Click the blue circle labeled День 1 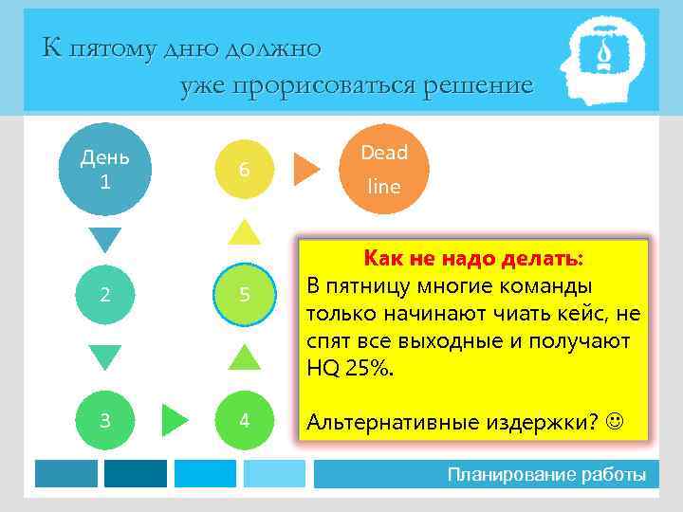click(105, 168)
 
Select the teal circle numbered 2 click(105, 294)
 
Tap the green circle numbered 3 click(105, 419)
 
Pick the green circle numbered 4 click(244, 419)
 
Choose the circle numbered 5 click(244, 294)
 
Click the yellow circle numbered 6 click(244, 169)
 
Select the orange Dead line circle click(383, 168)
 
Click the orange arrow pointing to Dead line click(305, 169)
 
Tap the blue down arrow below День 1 click(105, 240)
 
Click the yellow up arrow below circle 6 click(245, 231)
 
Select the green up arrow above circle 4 click(245, 357)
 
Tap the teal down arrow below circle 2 click(105, 357)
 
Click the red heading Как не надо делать click(472, 259)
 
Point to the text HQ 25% click(348, 368)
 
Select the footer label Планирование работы click(546, 474)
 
